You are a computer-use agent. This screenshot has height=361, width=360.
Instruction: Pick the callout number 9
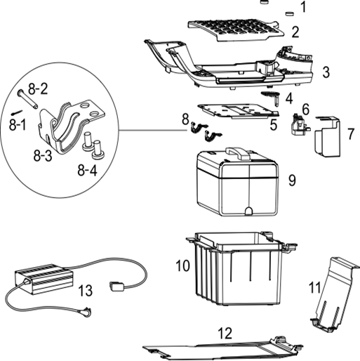(291, 180)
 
